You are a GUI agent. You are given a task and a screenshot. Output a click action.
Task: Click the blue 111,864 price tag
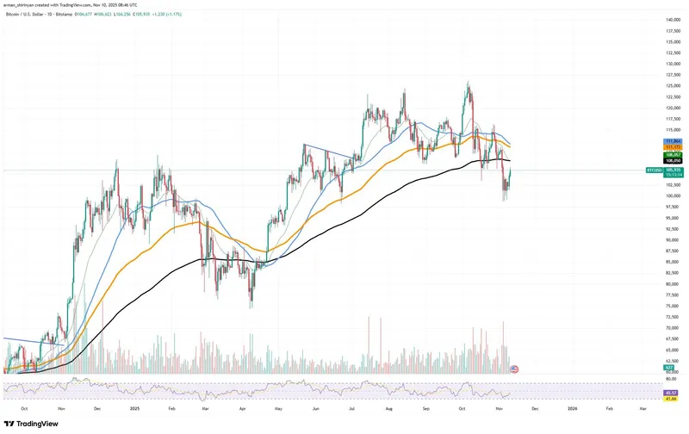[673, 140]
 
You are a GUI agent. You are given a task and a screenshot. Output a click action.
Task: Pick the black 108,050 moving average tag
[673, 161]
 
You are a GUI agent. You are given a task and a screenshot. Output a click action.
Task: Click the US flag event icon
[514, 369]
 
